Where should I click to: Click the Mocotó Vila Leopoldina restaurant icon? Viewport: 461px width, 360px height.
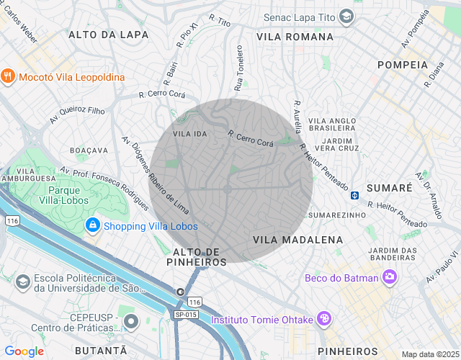click(x=8, y=76)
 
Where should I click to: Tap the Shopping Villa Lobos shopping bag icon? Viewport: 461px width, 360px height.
click(x=92, y=226)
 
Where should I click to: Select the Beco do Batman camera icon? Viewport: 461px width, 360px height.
click(x=390, y=276)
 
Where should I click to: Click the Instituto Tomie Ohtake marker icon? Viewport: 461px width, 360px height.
click(x=325, y=319)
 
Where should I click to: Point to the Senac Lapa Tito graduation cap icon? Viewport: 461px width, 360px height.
click(x=347, y=16)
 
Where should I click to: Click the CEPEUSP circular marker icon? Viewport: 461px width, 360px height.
click(x=130, y=320)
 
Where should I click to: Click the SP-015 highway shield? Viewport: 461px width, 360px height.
click(x=184, y=315)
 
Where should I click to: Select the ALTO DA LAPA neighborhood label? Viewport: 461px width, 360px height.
click(x=108, y=35)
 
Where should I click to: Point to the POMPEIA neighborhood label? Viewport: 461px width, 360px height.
click(x=402, y=65)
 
